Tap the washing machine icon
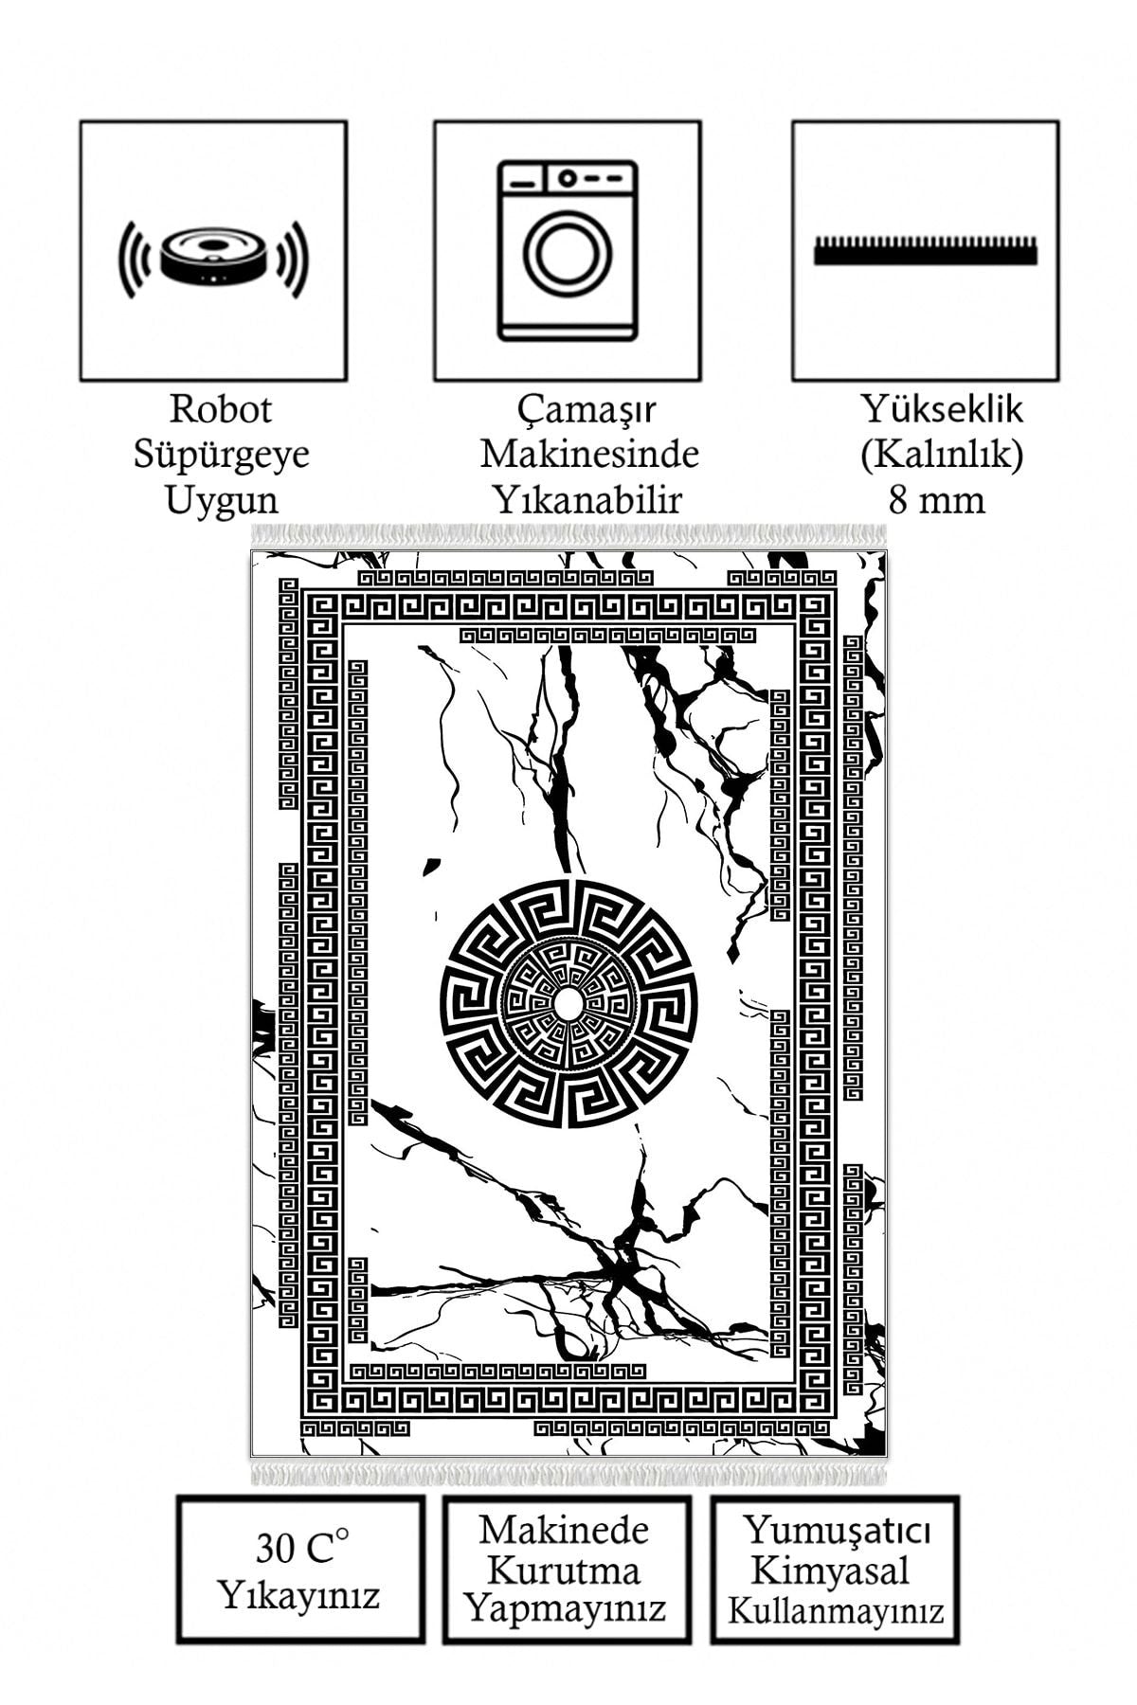[x=568, y=250]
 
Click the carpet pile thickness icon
[x=925, y=250]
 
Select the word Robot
[x=221, y=409]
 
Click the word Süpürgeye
[x=221, y=454]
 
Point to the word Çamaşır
[x=587, y=410]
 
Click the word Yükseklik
[x=942, y=409]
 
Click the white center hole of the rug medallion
[x=567, y=1005]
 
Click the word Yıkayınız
[x=299, y=1594]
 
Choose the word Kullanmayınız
[x=836, y=1610]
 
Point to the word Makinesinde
[x=589, y=454]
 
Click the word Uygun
[x=221, y=498]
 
